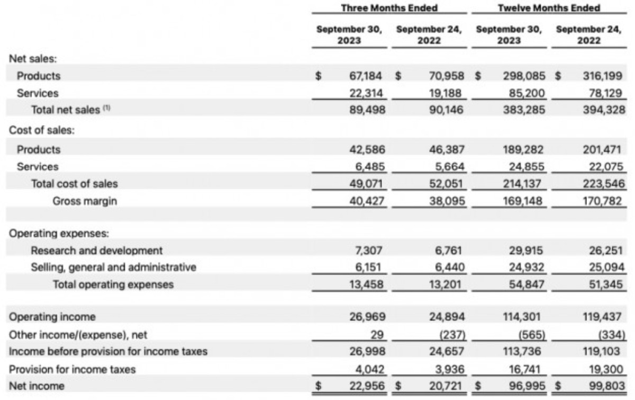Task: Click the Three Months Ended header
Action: tap(389, 8)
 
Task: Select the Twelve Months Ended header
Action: tap(549, 8)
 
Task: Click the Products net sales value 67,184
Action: tap(369, 76)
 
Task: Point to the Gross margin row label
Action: tap(85, 201)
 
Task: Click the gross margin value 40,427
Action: tap(369, 201)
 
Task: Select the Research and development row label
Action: tap(97, 250)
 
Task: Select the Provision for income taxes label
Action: tap(72, 369)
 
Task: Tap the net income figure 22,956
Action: tap(369, 386)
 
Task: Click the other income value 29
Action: tap(378, 334)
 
